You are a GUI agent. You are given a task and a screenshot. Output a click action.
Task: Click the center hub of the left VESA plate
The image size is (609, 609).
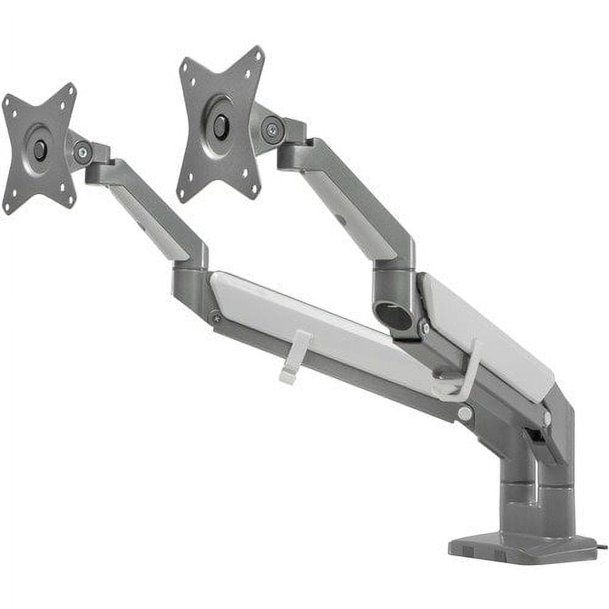[x=40, y=150]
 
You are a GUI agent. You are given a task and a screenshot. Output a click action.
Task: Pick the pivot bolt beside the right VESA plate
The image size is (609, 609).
[x=272, y=130]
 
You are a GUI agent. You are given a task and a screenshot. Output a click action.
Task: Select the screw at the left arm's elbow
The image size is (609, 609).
[x=216, y=317]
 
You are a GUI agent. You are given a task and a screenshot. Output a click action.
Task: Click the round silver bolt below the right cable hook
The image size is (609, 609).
[x=465, y=414]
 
